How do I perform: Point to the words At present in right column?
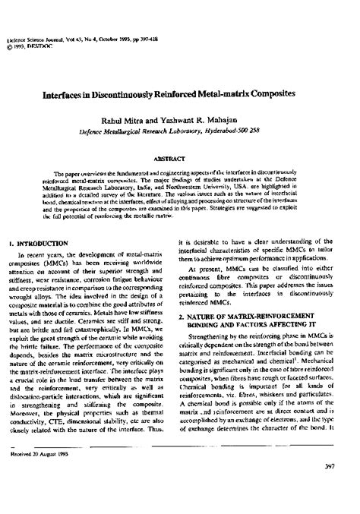(216, 270)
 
